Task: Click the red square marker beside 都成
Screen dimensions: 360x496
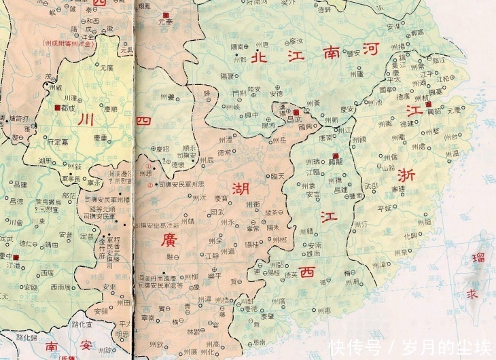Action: pyautogui.click(x=56, y=107)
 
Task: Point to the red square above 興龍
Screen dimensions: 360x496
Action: pyautogui.click(x=334, y=156)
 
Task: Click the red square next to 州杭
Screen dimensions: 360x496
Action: pyautogui.click(x=428, y=104)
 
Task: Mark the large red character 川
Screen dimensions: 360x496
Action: pyautogui.click(x=86, y=120)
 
